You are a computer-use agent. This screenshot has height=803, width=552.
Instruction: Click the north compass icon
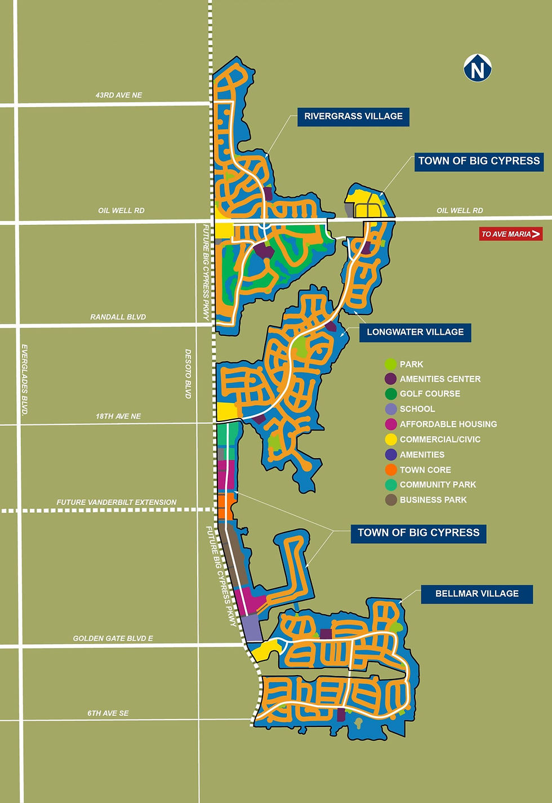click(x=478, y=68)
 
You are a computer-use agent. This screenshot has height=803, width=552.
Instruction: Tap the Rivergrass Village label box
click(x=353, y=117)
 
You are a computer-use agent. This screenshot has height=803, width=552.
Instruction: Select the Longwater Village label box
click(x=415, y=332)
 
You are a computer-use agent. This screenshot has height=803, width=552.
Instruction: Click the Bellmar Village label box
click(x=477, y=594)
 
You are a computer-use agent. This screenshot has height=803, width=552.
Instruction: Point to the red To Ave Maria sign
click(x=511, y=234)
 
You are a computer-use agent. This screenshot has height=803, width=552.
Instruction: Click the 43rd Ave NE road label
click(x=119, y=95)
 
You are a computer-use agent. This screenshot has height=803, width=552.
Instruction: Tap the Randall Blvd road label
click(x=118, y=317)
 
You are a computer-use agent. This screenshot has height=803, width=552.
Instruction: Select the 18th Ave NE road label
click(x=118, y=416)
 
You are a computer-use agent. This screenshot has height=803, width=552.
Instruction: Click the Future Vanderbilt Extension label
click(x=117, y=502)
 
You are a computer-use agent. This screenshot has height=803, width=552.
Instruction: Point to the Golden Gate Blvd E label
click(x=113, y=638)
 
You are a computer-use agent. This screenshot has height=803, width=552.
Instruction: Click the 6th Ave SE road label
click(x=108, y=713)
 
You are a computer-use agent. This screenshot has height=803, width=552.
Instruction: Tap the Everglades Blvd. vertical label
click(x=25, y=380)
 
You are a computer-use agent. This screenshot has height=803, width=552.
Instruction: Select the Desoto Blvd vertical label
click(x=189, y=374)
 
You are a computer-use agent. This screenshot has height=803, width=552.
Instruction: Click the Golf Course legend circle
click(x=391, y=394)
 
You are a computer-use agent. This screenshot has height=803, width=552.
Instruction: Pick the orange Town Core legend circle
click(x=391, y=470)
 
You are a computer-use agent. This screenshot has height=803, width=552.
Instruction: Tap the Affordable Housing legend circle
click(x=391, y=424)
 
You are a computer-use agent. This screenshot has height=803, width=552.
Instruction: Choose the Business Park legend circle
click(x=391, y=500)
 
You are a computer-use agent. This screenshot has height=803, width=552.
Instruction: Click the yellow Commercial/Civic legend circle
click(x=391, y=440)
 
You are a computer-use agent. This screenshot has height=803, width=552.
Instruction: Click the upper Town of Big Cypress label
click(x=479, y=161)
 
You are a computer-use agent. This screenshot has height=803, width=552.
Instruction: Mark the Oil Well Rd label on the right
click(x=460, y=211)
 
